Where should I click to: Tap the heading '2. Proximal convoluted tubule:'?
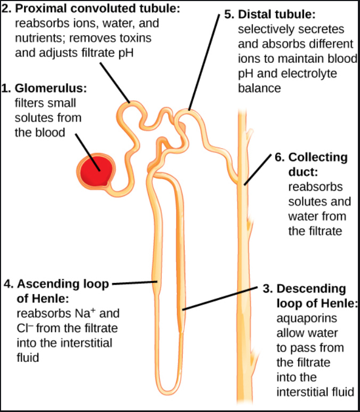point(87,10)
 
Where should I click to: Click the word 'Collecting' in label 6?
point(318,158)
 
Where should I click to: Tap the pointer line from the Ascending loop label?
point(133,283)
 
